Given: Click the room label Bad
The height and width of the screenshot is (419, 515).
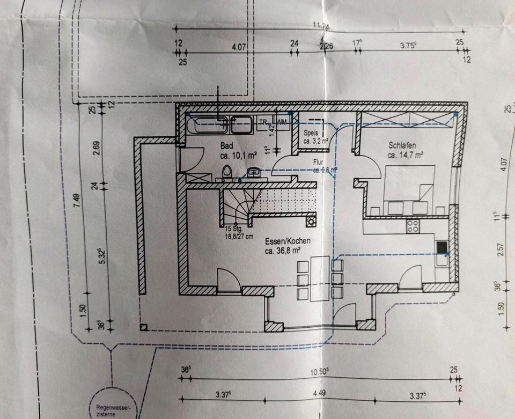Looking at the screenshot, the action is pyautogui.click(x=227, y=145).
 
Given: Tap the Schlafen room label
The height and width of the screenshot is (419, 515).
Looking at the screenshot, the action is pyautogui.click(x=403, y=145).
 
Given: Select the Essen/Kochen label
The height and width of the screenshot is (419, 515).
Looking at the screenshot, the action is pyautogui.click(x=287, y=241).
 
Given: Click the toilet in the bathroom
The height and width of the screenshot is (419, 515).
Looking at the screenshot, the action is pyautogui.click(x=227, y=173).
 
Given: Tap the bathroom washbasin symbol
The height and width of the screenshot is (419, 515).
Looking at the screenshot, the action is pyautogui.click(x=254, y=172).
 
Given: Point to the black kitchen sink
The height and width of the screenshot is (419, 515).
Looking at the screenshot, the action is pyautogui.click(x=442, y=247).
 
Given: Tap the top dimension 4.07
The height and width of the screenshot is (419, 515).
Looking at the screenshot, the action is pyautogui.click(x=239, y=47).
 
